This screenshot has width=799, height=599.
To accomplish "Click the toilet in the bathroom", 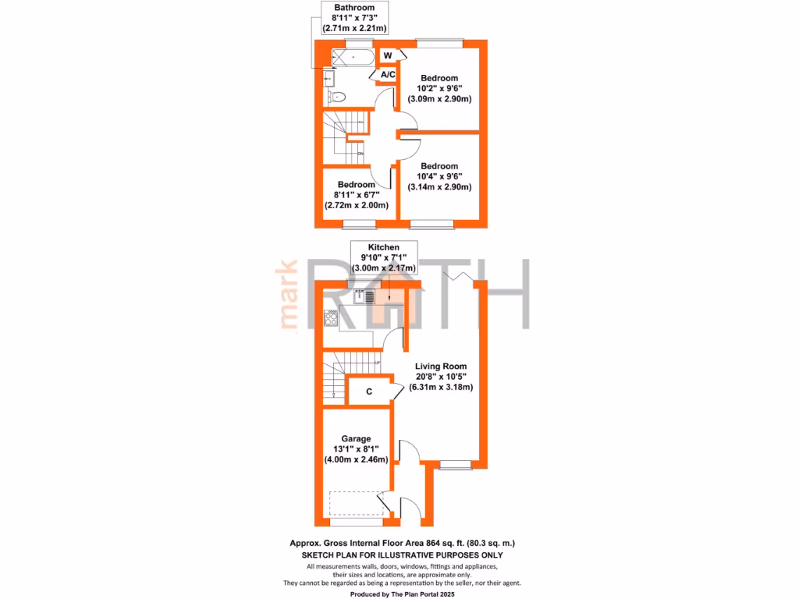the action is click(x=336, y=96).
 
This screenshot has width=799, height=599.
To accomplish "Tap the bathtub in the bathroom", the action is click(x=353, y=57).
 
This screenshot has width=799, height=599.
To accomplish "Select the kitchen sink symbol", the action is click(x=364, y=296).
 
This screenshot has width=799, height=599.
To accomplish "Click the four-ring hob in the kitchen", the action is click(x=331, y=318).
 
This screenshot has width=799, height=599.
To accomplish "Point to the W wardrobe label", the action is click(x=388, y=55).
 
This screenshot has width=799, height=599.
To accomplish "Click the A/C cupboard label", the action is click(x=388, y=74).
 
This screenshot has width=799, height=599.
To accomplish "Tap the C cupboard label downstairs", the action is click(x=369, y=392).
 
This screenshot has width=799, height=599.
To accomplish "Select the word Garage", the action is click(x=356, y=438).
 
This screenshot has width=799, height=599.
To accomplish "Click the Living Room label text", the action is click(x=440, y=367).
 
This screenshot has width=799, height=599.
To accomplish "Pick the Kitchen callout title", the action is click(x=384, y=247).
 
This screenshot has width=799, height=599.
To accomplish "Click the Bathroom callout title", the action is click(x=354, y=8).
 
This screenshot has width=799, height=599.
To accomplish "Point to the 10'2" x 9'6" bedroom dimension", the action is click(x=439, y=88).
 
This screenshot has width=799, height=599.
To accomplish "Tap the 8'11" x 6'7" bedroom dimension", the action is click(x=356, y=194).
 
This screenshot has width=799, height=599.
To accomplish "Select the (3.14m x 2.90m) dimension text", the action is click(x=439, y=187).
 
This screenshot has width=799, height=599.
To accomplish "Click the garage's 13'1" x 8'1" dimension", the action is click(x=356, y=448).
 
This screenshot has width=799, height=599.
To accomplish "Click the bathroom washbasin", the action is click(x=328, y=79).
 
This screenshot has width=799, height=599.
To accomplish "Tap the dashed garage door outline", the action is click(x=356, y=504).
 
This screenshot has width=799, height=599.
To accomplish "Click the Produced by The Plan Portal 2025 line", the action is click(x=402, y=594).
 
